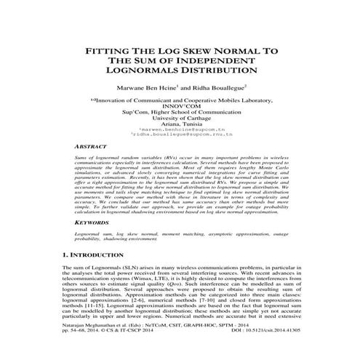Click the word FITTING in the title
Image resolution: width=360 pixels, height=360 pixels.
(111, 52)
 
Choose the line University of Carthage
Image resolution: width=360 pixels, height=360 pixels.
(180, 123)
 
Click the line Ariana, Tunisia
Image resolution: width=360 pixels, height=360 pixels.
(180, 129)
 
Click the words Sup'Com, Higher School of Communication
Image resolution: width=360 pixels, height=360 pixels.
(180, 116)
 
